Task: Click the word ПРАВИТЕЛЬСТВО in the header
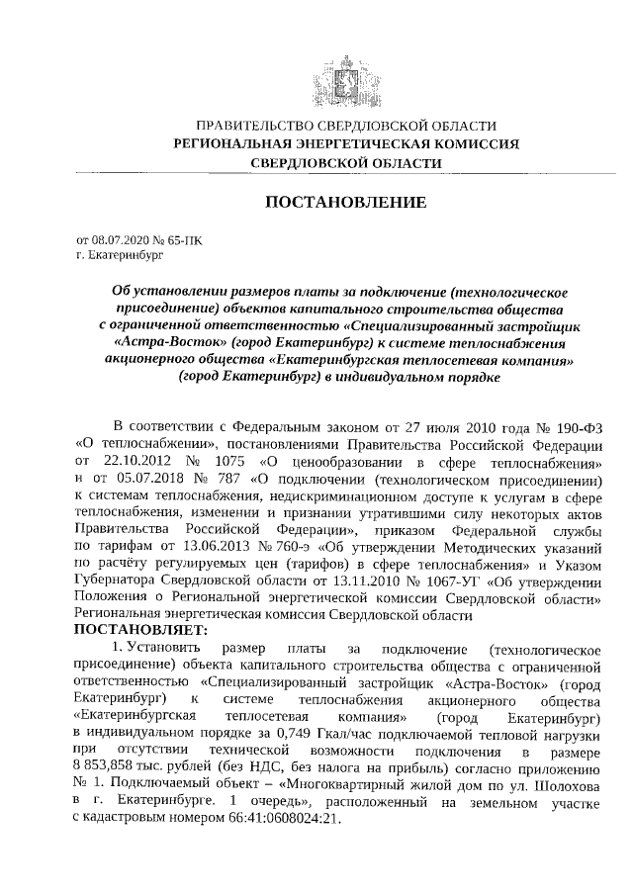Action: click(252, 127)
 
